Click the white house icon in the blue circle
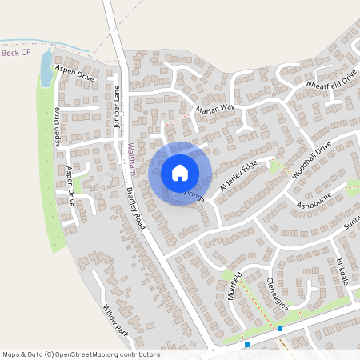180,172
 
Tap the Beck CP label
17,54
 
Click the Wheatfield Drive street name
327,78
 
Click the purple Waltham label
131,158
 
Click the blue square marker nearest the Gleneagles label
280,328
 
